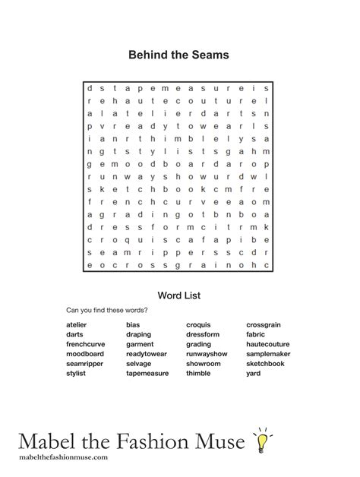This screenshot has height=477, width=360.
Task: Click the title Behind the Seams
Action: pos(178,55)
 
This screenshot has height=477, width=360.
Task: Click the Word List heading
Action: pos(178,295)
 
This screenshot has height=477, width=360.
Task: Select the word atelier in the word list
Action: pos(76,324)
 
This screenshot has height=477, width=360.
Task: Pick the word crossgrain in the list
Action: pos(264,324)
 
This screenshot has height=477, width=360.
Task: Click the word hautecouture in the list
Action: pos(267,344)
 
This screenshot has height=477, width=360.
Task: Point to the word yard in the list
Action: pos(254,374)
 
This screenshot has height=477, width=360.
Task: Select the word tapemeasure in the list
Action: pos(148,374)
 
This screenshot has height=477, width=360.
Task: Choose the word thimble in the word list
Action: pos(198,374)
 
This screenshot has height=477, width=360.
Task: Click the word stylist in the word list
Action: pos(76,374)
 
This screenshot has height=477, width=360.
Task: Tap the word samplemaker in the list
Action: pos(268,354)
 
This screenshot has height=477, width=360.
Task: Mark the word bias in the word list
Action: pos(133,324)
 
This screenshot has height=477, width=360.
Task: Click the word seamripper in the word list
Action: pos(84,364)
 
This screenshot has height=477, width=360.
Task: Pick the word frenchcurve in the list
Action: pos(85,344)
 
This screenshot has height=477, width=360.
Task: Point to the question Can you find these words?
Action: pos(106,310)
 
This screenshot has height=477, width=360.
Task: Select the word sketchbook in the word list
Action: pos(265,364)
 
